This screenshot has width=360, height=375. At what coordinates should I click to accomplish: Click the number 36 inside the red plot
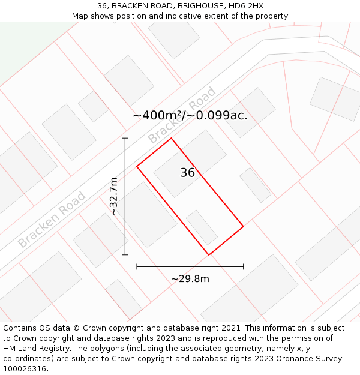pyautogui.click(x=187, y=173)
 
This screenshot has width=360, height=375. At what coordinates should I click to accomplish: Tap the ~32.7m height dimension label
pyautogui.click(x=113, y=196)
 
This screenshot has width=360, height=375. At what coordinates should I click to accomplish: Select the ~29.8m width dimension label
pyautogui.click(x=190, y=278)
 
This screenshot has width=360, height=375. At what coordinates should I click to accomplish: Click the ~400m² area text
pyautogui.click(x=157, y=115)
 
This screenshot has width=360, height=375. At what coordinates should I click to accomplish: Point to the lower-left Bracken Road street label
pyautogui.click(x=52, y=220)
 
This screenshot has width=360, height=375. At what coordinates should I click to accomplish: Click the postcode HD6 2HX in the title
pyautogui.click(x=246, y=6)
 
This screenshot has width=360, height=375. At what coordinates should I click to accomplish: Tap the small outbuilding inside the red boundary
pyautogui.click(x=202, y=227)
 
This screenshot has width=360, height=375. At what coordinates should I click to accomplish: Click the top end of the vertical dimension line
pyautogui.click(x=125, y=139)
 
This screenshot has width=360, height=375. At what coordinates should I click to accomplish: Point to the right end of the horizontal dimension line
pyautogui.click(x=243, y=266)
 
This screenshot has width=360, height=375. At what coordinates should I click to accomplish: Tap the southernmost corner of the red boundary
pyautogui.click(x=209, y=255)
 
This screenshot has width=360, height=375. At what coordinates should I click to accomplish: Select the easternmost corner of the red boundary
pyautogui.click(x=243, y=226)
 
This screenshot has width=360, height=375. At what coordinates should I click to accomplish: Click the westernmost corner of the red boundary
pyautogui.click(x=137, y=166)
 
